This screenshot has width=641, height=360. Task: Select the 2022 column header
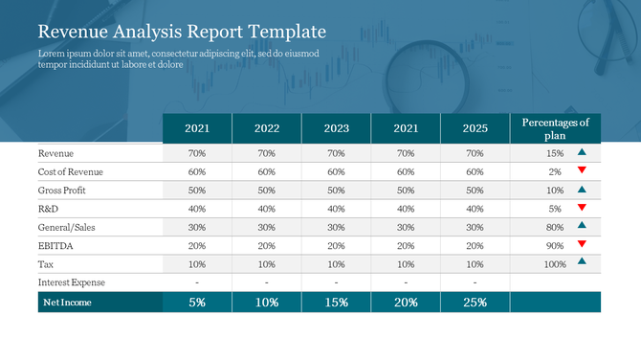pyautogui.click(x=266, y=128)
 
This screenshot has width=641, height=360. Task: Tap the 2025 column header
pyautogui.click(x=475, y=128)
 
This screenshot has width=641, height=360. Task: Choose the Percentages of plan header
pyautogui.click(x=555, y=128)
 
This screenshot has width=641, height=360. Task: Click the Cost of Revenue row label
pyautogui.click(x=70, y=171)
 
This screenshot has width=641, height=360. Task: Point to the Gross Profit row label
pyautogui.click(x=63, y=190)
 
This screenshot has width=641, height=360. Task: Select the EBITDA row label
pyautogui.click(x=55, y=245)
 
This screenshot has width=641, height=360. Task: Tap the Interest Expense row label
pyautogui.click(x=72, y=282)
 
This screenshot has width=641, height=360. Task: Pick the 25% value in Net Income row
pyautogui.click(x=475, y=303)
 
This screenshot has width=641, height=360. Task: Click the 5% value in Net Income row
pyautogui.click(x=197, y=303)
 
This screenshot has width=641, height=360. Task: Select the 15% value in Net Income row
pyautogui.click(x=336, y=303)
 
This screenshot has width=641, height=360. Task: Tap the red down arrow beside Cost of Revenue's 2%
pyautogui.click(x=582, y=170)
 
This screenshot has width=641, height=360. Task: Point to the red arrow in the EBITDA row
pyautogui.click(x=582, y=244)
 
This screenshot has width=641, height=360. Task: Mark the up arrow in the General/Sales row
pyautogui.click(x=582, y=226)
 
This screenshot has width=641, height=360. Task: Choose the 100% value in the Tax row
pyautogui.click(x=554, y=264)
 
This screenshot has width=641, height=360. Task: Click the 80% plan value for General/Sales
pyautogui.click(x=555, y=227)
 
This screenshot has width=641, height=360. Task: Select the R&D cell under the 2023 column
pyautogui.click(x=336, y=209)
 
